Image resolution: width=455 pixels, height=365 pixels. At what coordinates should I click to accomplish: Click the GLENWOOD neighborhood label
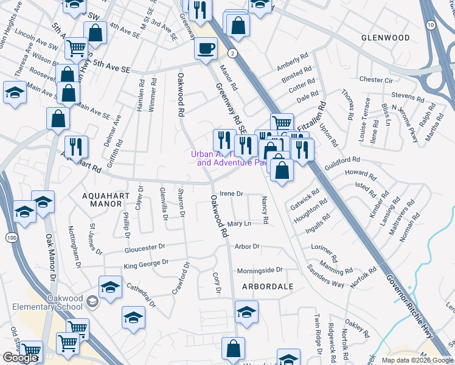coord(385,38)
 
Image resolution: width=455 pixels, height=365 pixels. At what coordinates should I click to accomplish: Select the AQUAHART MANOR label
coord(102,199)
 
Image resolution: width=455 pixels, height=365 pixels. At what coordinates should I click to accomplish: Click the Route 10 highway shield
coord(431,25)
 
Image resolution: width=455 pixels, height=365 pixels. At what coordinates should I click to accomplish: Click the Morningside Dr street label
coord(260,269)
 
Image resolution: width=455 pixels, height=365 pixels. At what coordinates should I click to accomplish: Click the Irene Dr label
coord(231,194)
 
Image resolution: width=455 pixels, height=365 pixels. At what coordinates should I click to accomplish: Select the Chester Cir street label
coord(376,80)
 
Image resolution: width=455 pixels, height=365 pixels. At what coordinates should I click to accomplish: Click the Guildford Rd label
coord(343,159)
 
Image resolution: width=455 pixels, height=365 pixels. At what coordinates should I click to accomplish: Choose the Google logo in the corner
coord(19,358)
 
